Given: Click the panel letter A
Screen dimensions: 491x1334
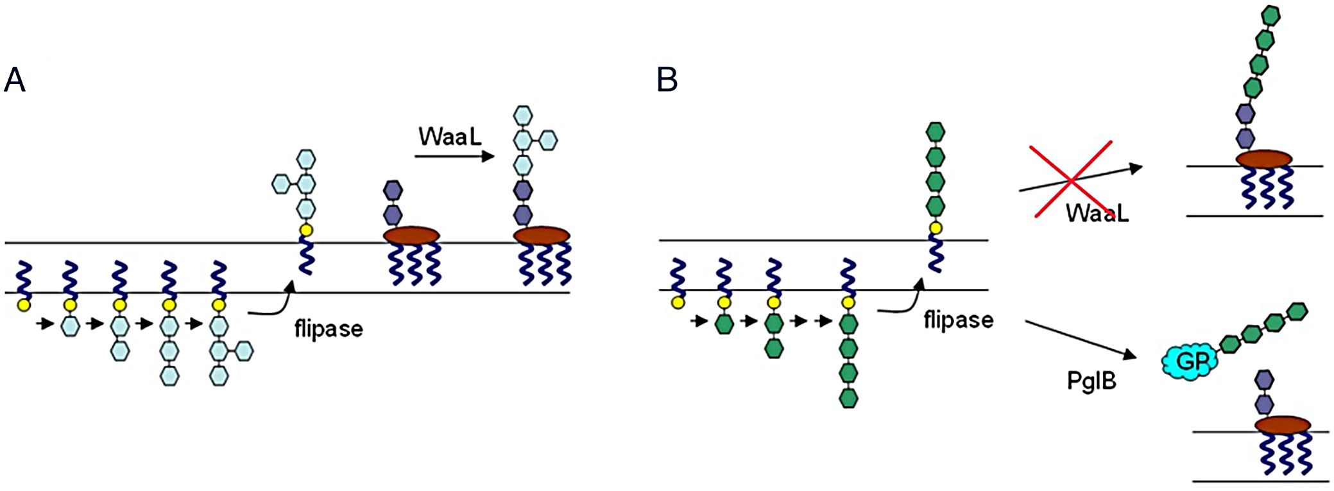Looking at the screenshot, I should pyautogui.click(x=14, y=80).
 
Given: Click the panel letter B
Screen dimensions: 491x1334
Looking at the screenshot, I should pyautogui.click(x=667, y=80).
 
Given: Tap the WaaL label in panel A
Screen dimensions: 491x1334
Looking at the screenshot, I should pyautogui.click(x=450, y=136).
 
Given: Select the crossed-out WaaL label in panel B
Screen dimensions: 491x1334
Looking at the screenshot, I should pyautogui.click(x=1097, y=212).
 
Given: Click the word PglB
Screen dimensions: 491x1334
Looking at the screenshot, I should pyautogui.click(x=1091, y=381).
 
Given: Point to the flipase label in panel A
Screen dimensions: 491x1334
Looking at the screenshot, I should pyautogui.click(x=329, y=329).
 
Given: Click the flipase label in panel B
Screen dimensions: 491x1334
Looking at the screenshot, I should pyautogui.click(x=959, y=319).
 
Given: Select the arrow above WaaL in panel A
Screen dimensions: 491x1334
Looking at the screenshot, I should pyautogui.click(x=454, y=156).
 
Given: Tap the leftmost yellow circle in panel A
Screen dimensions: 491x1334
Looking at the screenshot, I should pyautogui.click(x=24, y=304).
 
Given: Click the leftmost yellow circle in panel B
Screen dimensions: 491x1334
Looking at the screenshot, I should pyautogui.click(x=678, y=302).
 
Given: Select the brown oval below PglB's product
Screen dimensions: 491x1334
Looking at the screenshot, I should pyautogui.click(x=1283, y=425).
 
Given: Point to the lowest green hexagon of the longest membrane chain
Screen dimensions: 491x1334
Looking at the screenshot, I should pyautogui.click(x=848, y=398).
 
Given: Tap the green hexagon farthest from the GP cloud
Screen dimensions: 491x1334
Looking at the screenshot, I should pyautogui.click(x=1297, y=312).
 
